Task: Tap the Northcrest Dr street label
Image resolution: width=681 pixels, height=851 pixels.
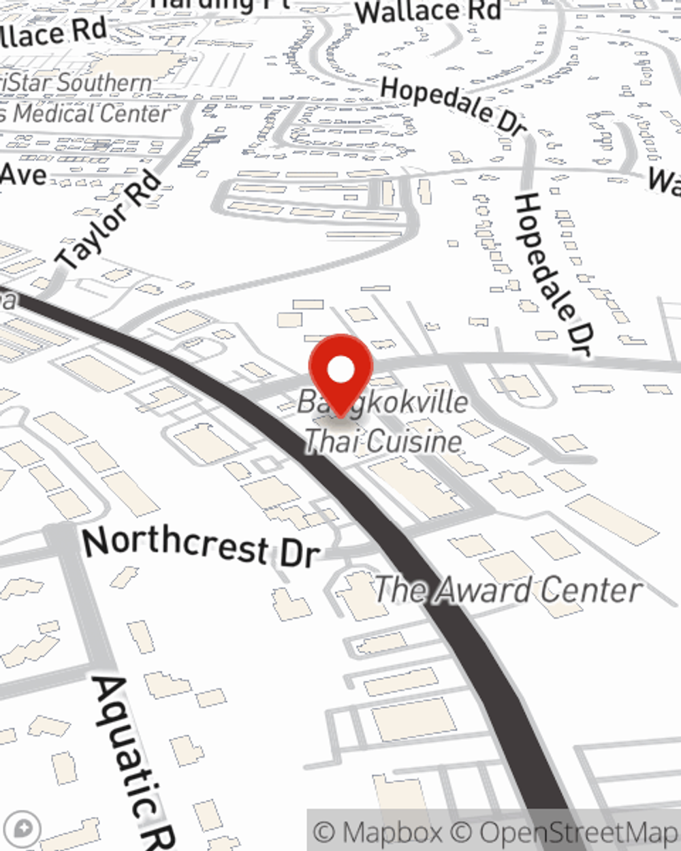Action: [201, 546]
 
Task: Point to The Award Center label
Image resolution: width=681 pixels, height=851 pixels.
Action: [508, 590]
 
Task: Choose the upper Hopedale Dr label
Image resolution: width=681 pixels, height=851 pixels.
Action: [454, 106]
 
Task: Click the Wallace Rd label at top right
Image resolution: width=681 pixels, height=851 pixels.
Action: [428, 12]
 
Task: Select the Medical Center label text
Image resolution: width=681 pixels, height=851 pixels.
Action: [89, 113]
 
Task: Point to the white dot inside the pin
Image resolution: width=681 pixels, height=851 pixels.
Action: [340, 370]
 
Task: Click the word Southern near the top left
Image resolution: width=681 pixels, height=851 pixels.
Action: [102, 83]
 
